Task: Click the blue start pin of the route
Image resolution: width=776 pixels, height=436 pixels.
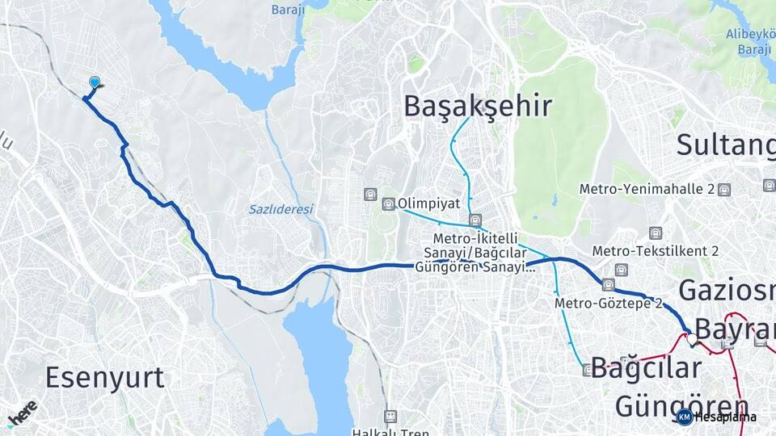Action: click(95, 82)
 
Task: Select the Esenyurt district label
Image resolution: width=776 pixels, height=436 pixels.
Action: click(104, 377)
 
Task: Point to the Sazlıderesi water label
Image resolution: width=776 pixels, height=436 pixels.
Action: click(280, 209)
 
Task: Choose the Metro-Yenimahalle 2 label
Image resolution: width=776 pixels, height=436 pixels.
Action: click(647, 189)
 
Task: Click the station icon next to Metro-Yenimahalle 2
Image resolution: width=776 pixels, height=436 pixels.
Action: click(723, 190)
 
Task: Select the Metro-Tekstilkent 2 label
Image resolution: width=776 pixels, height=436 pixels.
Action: click(655, 251)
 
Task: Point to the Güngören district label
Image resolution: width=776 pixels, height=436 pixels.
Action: click(681, 405)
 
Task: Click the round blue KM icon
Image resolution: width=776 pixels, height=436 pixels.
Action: click(684, 417)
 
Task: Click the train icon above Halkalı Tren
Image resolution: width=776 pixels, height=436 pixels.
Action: click(390, 416)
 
